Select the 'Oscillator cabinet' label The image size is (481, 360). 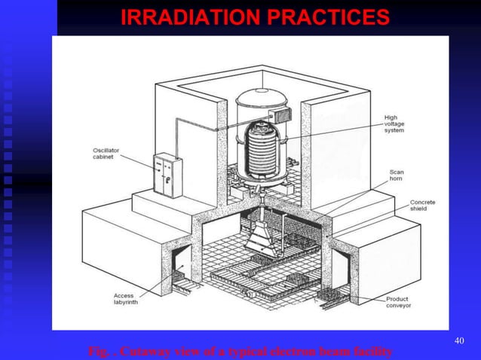[98, 154]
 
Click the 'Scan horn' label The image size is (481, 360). [396, 175]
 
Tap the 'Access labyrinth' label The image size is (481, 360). [124, 300]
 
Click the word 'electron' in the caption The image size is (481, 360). [293, 351]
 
